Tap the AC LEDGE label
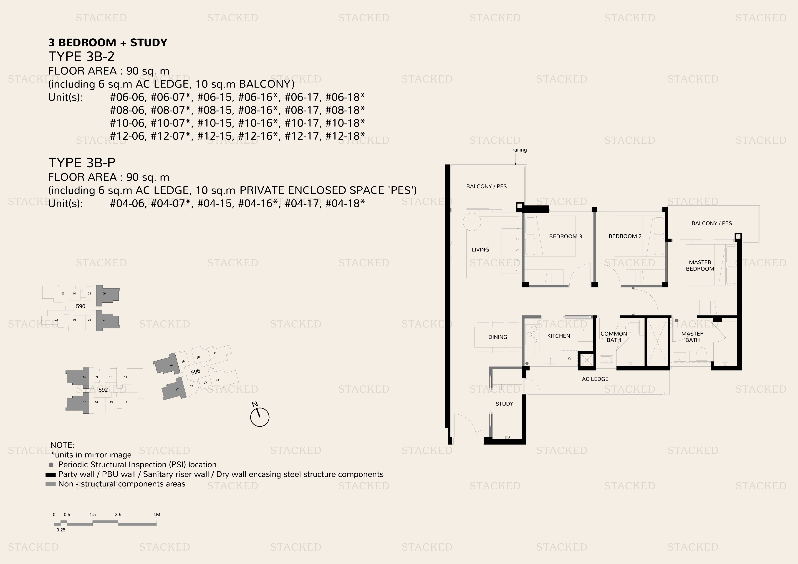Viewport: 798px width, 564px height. click(x=595, y=379)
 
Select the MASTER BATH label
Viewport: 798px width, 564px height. click(x=692, y=337)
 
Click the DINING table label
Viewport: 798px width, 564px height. click(x=498, y=337)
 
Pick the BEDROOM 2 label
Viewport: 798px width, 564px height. click(x=625, y=236)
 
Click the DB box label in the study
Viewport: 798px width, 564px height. click(x=507, y=437)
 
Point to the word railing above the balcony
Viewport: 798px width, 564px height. click(x=520, y=150)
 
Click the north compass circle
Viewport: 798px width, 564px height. click(x=260, y=417)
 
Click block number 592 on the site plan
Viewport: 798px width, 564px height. click(x=103, y=390)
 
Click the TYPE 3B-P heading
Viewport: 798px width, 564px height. click(x=82, y=163)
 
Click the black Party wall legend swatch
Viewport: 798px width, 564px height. click(x=51, y=475)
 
